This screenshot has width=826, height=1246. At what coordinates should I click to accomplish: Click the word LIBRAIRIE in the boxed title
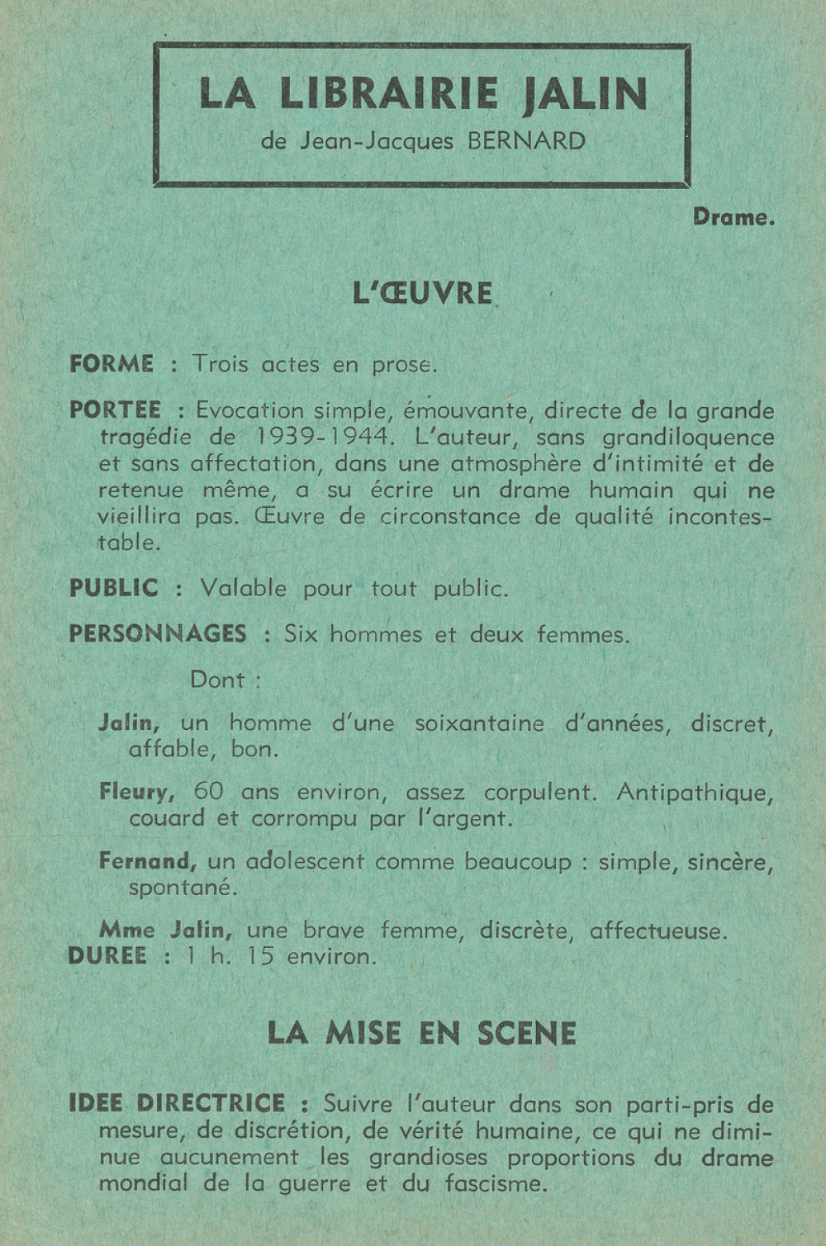(x=388, y=93)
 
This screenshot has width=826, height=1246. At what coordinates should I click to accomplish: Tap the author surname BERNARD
(x=526, y=141)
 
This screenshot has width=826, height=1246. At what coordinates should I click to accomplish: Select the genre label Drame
(x=733, y=218)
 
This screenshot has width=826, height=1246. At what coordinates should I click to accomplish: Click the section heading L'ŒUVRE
(x=422, y=293)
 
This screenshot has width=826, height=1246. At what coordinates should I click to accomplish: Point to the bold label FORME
(x=112, y=364)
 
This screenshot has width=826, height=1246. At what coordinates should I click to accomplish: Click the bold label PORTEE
(x=115, y=410)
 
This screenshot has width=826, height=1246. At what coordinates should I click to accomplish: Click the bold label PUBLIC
(x=114, y=589)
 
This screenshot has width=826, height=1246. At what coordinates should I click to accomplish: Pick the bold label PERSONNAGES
(x=157, y=634)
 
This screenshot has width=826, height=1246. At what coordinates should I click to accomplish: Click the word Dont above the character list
(x=217, y=680)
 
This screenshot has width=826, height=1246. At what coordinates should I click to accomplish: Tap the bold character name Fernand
(x=147, y=861)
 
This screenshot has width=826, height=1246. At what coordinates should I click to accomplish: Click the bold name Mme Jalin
(x=165, y=931)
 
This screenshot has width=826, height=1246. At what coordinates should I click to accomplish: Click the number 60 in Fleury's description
(x=208, y=791)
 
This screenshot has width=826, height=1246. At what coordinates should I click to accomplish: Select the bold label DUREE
(x=107, y=956)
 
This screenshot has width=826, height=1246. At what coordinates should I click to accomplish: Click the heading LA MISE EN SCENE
(x=421, y=1034)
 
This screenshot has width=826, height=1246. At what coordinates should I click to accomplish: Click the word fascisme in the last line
(x=492, y=1184)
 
